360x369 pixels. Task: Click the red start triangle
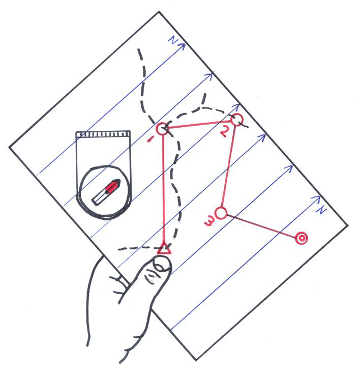click(x=163, y=249)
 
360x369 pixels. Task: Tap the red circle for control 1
click(x=162, y=128)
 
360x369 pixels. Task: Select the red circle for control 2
click(x=236, y=120)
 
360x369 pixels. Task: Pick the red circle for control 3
click(x=220, y=213)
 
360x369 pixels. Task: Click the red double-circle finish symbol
click(x=301, y=238)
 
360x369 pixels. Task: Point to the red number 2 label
click(x=224, y=131)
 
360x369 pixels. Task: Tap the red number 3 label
click(x=208, y=221)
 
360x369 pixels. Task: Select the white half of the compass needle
click(x=99, y=197)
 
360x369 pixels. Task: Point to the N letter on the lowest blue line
click(x=319, y=210)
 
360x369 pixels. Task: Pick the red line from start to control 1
click(x=163, y=188)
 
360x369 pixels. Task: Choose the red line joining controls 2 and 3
click(x=228, y=166)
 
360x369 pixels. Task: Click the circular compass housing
click(x=104, y=192)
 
